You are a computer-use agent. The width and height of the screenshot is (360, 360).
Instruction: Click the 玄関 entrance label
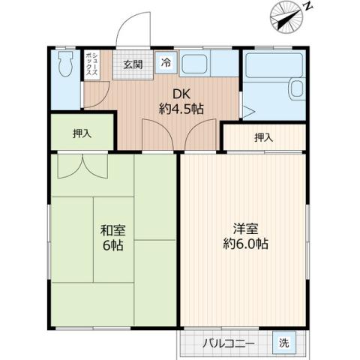point(133,64)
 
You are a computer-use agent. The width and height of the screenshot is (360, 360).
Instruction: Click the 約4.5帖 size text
point(181,109)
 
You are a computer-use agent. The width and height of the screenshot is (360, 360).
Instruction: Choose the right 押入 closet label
point(263,137)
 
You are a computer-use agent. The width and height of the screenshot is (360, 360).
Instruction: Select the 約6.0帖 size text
point(245,244)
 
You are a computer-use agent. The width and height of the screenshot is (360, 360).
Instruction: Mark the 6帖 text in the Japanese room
point(113,246)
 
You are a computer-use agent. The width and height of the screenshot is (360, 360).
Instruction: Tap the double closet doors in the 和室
point(79,166)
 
